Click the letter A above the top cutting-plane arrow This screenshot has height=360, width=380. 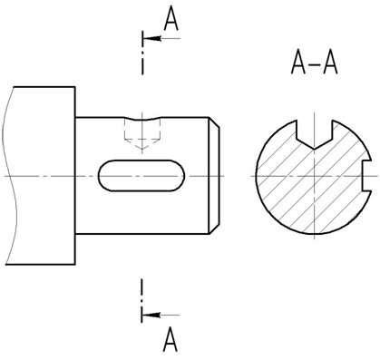coord(171,19)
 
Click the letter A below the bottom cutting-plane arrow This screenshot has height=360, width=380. coord(171,340)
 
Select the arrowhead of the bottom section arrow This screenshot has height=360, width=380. coord(151,315)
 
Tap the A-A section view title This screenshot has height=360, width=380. coord(315,63)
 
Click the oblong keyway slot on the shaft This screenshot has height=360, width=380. coord(141,176)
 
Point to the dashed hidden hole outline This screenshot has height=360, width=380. coord(142,134)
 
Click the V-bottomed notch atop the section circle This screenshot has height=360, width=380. coord(315,134)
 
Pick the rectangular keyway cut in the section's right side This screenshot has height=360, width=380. coord(366,175)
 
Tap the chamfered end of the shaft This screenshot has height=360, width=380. coord(214,175)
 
